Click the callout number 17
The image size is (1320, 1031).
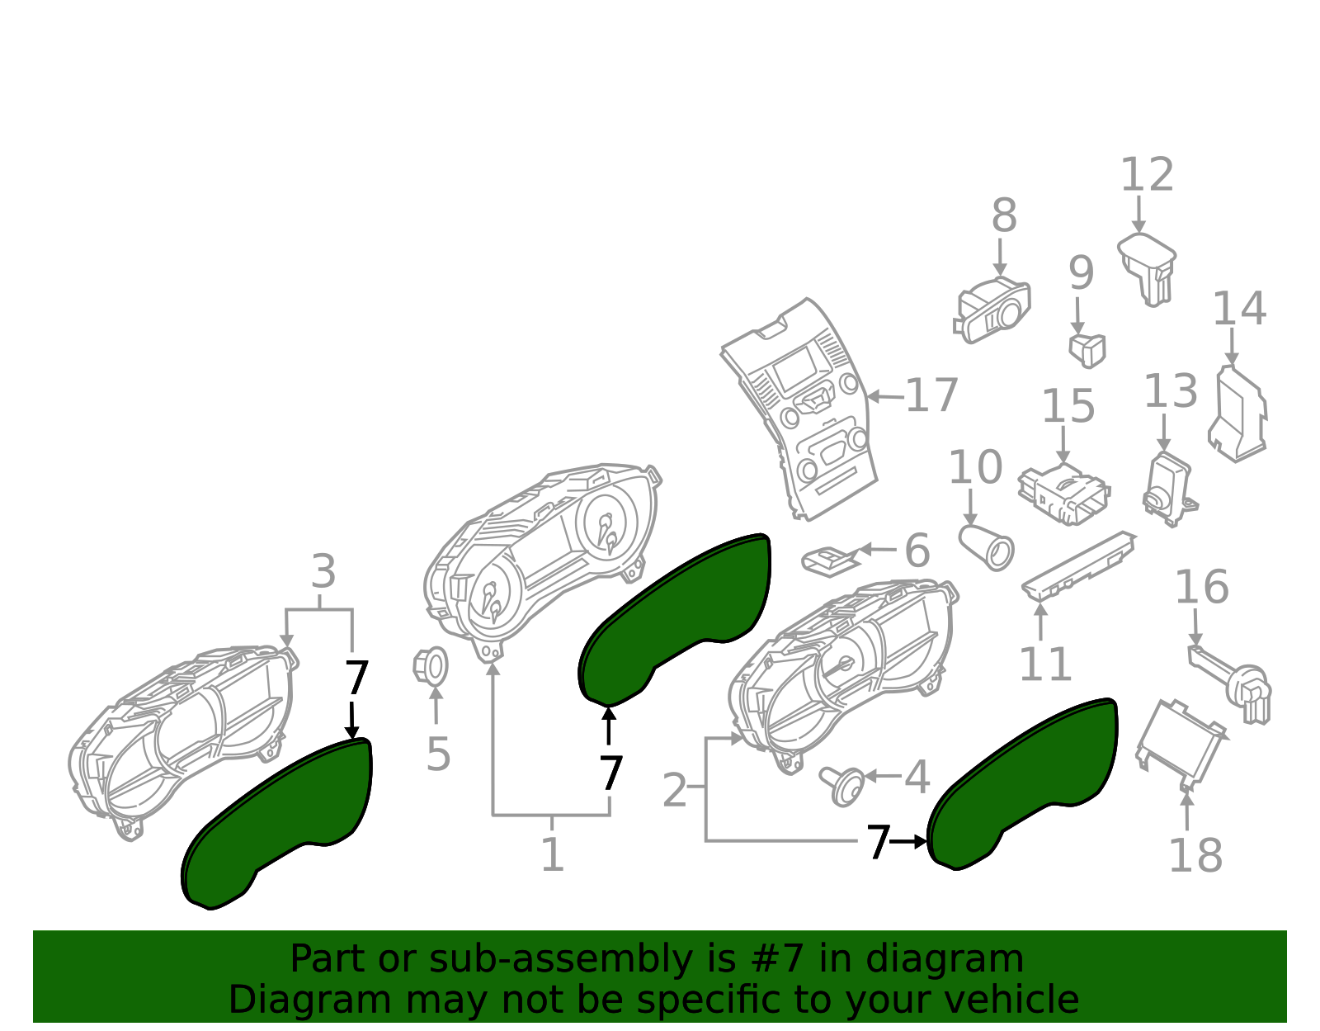coord(931,395)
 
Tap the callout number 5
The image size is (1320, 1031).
coord(437,754)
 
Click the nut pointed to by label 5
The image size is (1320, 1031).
coord(431,665)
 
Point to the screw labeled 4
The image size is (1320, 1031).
coord(842,784)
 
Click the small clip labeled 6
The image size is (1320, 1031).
coord(828,561)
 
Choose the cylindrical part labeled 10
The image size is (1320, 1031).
coord(987,546)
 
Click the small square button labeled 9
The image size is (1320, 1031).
coord(1087,350)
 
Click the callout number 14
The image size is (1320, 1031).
coord(1238,309)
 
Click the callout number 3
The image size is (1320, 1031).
coord(323,571)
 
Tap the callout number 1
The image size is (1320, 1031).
coord(552,854)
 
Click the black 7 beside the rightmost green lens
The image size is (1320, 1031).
coord(877,843)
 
